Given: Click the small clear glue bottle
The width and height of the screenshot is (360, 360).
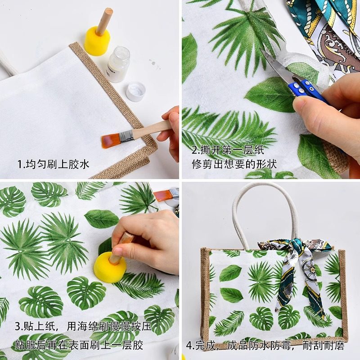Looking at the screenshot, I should tap(118, 64).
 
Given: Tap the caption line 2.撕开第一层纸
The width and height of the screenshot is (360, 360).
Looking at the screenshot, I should tap(228, 150).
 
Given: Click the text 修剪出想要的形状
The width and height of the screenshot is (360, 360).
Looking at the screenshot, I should tap(234, 164).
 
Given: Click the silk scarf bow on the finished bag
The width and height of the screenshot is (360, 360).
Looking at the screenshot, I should tap(295, 265).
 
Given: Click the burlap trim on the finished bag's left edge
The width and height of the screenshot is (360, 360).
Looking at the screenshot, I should tap(205, 292).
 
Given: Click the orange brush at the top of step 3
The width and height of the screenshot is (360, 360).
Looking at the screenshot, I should tap(164, 195).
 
